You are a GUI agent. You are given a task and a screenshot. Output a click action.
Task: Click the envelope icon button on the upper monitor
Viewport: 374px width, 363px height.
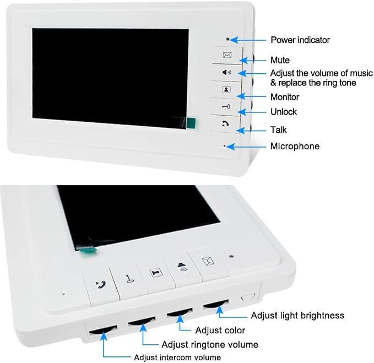tap(227, 55)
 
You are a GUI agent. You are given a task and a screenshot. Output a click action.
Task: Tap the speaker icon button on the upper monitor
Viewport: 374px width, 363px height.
tap(226, 72)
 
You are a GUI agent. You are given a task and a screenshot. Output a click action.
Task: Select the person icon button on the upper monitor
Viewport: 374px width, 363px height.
tap(226, 89)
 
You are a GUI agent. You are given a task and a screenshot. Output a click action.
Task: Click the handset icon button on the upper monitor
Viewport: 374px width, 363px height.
tap(225, 124)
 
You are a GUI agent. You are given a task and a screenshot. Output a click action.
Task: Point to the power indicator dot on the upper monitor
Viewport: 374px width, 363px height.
tap(228, 39)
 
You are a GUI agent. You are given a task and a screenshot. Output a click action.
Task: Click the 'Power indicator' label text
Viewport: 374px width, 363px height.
tap(300, 40)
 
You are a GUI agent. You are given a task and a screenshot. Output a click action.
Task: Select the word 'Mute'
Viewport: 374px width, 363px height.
tap(280, 60)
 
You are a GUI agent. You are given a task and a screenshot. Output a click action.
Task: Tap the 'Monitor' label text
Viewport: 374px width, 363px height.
tap(285, 97)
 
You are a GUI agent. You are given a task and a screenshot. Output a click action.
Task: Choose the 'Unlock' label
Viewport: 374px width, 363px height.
tap(283, 112)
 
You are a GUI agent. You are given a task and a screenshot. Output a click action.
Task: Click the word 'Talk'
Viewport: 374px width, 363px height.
tap(278, 130)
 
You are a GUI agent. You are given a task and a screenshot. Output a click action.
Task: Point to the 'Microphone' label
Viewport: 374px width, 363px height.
tap(295, 146)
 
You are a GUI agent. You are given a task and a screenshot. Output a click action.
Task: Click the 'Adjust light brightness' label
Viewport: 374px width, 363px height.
tap(297, 315)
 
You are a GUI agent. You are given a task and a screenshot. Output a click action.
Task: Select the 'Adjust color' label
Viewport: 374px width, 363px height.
tap(220, 331)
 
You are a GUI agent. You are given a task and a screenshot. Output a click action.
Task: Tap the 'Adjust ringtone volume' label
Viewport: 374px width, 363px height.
tap(210, 345)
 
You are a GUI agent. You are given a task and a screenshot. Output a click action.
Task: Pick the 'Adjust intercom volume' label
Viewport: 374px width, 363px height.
tap(177, 357)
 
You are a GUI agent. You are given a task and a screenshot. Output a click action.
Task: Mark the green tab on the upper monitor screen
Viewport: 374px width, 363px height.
tap(191, 123)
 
